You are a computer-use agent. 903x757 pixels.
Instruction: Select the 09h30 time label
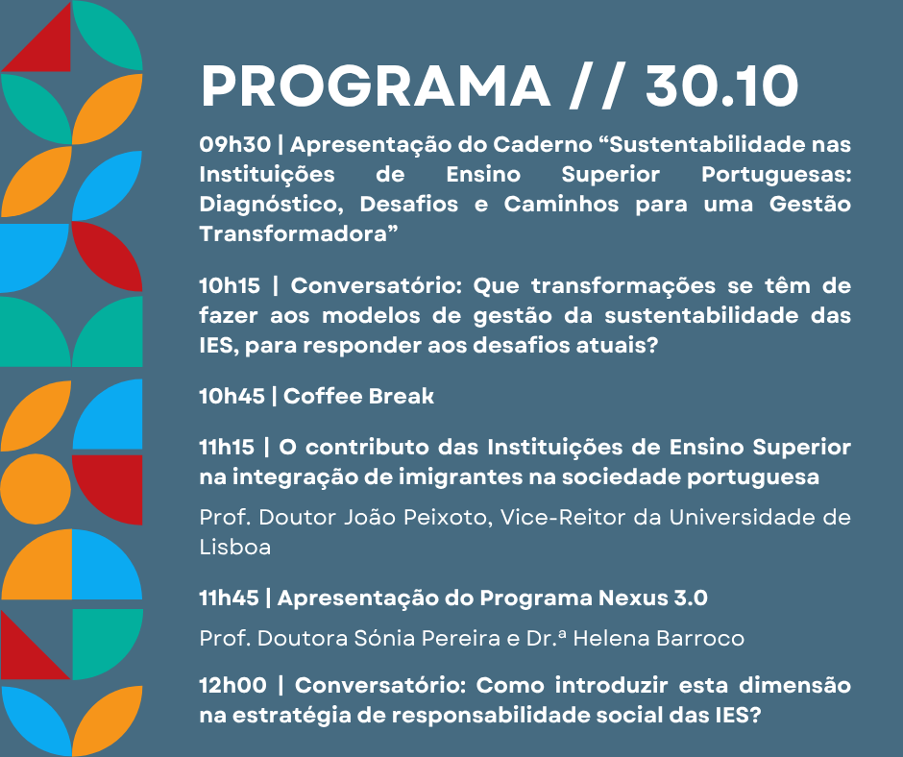233,145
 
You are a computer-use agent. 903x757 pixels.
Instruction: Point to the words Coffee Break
359,396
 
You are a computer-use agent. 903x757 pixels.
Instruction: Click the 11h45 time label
230,598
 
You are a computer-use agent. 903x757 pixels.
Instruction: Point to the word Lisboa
234,548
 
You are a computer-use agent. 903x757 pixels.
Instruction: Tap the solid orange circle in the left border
36,490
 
